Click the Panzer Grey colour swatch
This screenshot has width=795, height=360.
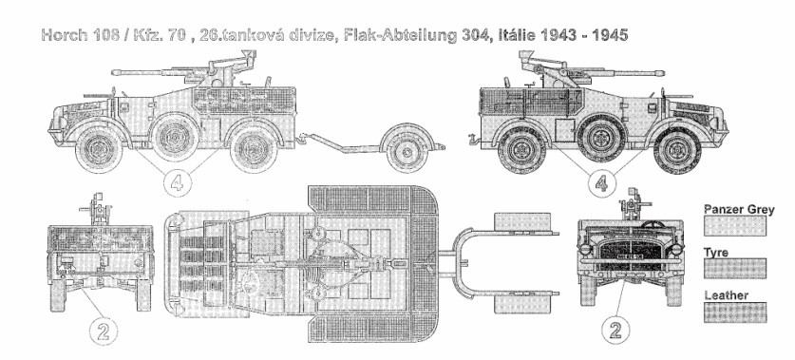tap(734, 226)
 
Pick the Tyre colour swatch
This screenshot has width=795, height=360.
tap(734, 268)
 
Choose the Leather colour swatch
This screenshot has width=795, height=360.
tap(734, 313)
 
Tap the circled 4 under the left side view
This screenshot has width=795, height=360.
tap(177, 182)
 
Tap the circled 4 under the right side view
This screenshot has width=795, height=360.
tap(602, 182)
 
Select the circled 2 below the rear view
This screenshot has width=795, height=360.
tap(104, 332)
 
